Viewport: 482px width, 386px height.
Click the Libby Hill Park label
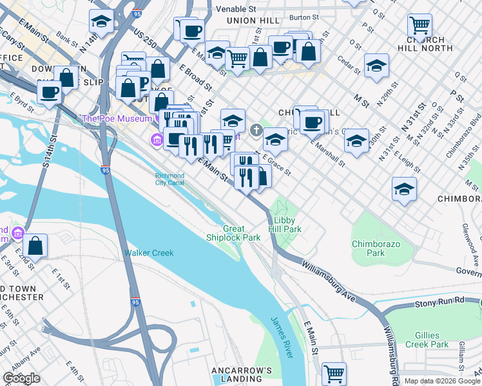point(284,224)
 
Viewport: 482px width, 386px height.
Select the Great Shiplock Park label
point(242,233)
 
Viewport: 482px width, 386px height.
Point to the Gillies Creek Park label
point(427,340)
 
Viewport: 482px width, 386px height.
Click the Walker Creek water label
point(149,253)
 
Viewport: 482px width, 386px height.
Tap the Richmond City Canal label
point(170,179)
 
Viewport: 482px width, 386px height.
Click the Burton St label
point(305,17)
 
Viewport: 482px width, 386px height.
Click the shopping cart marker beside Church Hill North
point(419,26)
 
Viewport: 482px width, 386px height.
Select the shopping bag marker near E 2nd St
point(37,245)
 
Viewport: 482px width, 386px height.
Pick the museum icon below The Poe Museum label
point(156,140)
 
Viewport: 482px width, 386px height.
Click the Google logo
point(21,378)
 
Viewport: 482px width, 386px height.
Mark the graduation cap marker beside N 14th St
point(101,22)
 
